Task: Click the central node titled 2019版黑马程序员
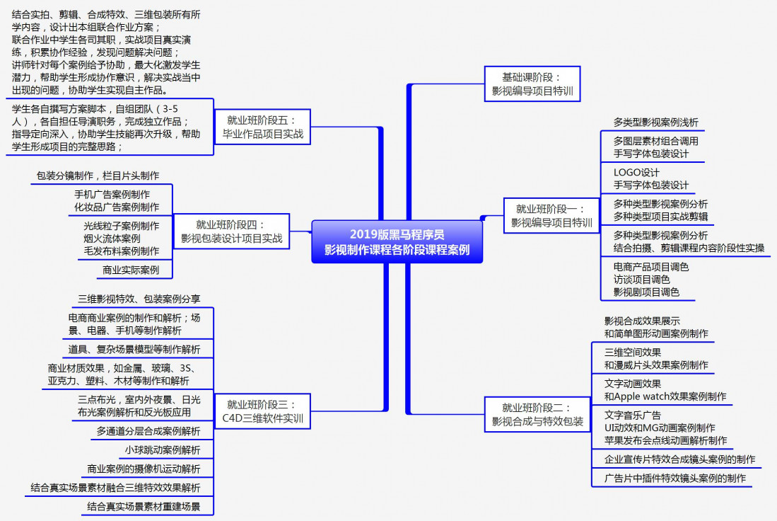[x=397, y=241]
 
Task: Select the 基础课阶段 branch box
[x=532, y=84]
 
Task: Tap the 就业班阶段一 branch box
[x=551, y=216]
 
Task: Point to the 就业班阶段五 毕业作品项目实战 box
[x=262, y=127]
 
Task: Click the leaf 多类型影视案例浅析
[x=655, y=122]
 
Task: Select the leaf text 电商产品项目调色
[x=650, y=267]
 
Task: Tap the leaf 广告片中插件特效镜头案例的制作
[x=674, y=478]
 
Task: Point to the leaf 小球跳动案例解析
[x=163, y=450]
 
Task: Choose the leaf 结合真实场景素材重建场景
[x=144, y=506]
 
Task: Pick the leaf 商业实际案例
[x=131, y=270]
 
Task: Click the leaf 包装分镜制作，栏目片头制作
[x=98, y=175]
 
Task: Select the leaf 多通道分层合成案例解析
[x=148, y=430]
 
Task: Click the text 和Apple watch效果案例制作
[x=665, y=396]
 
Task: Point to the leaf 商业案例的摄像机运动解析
[x=144, y=469]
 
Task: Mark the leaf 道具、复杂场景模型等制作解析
[x=134, y=349]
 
